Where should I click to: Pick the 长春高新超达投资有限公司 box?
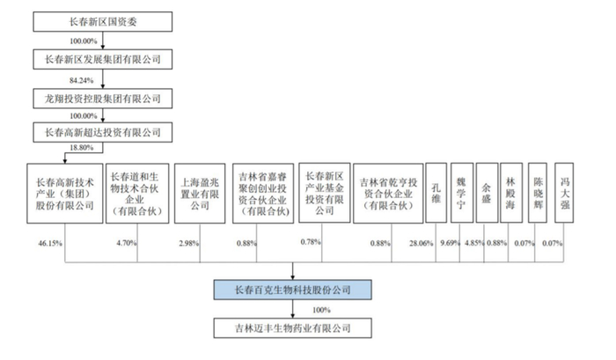pyautogui.click(x=104, y=132)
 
